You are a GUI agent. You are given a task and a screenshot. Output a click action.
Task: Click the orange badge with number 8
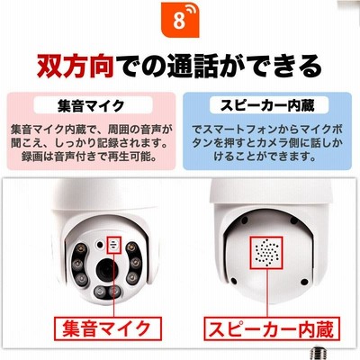pos(180,19)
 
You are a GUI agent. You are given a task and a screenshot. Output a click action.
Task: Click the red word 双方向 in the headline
pos(76,66)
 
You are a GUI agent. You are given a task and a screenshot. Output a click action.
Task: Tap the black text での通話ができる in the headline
pos(219,66)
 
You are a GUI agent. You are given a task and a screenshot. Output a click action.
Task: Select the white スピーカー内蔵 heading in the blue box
pos(269,105)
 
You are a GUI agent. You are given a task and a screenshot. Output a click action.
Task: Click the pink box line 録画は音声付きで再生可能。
pos(90,157)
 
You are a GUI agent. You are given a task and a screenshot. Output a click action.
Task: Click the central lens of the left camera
pos(106,269)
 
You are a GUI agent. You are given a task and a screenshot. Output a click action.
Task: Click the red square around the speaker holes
pos(266,252)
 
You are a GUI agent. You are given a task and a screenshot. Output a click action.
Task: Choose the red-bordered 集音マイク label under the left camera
pos(108,328)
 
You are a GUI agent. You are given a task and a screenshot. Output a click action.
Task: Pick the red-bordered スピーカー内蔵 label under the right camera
pos(272,328)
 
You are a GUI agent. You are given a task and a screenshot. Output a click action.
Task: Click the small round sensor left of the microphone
pos(99,245)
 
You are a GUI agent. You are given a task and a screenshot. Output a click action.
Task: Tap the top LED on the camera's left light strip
pos(80,249)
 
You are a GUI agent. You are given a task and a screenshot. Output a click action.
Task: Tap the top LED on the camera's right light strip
pos(130,247)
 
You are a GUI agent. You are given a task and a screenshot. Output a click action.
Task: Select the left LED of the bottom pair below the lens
pos(100,292)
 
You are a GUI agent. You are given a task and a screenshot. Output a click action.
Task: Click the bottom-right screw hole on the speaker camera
pos(304,282)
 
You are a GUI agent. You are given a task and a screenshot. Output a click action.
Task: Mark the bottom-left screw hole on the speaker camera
pos(234,281)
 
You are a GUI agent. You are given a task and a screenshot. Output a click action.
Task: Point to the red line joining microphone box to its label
pos(114,284)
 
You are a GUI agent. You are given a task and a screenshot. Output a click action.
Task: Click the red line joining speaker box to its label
pos(266,292)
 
